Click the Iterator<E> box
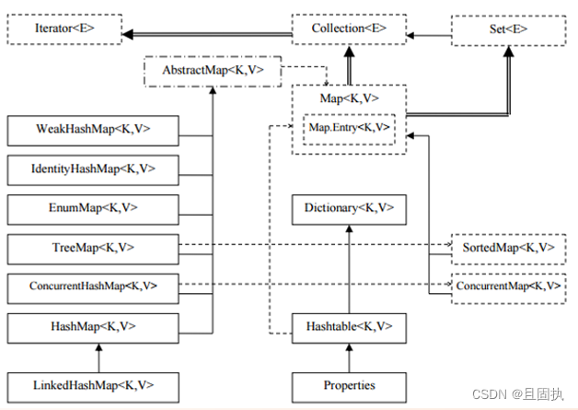(x=64, y=29)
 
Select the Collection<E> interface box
(x=348, y=29)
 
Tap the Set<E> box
(x=508, y=29)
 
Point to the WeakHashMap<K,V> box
(x=92, y=130)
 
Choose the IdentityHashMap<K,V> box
(x=92, y=170)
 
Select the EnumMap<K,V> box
(x=92, y=208)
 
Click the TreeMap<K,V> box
(x=92, y=248)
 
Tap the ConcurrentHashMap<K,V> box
(x=92, y=287)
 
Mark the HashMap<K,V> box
(x=92, y=326)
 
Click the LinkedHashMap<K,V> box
(x=92, y=384)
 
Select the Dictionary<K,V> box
(x=348, y=208)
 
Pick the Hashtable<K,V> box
(x=348, y=326)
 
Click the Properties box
(x=348, y=384)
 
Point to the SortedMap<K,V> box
(x=508, y=249)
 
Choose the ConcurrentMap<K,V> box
(x=508, y=287)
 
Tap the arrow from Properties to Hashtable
(x=348, y=356)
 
